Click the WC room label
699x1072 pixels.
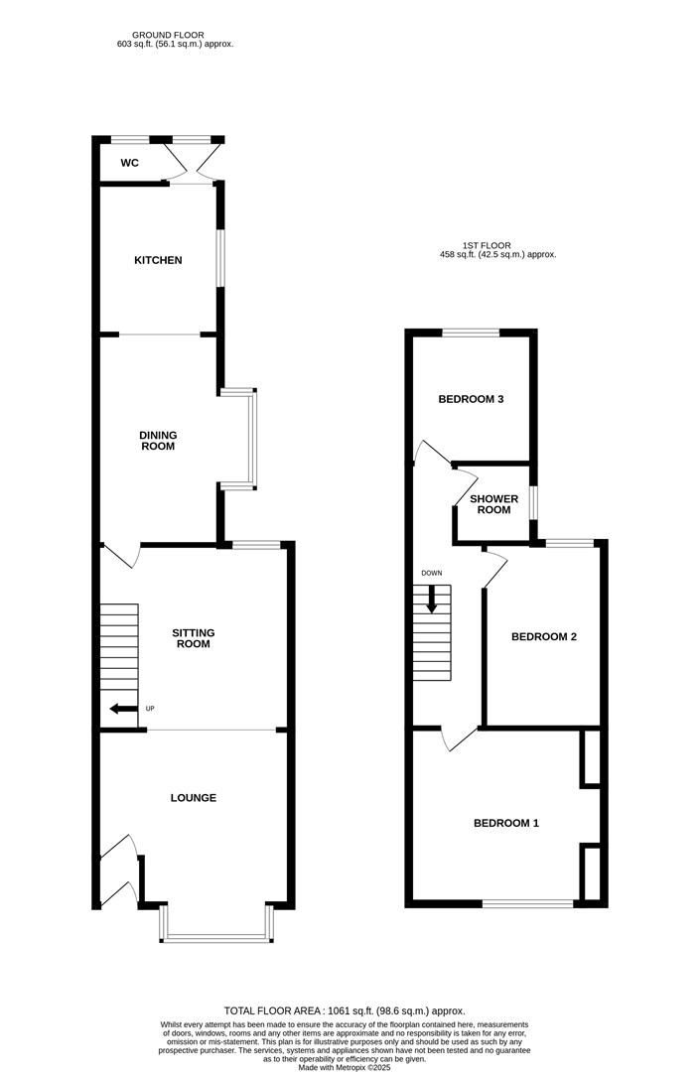pyautogui.click(x=129, y=162)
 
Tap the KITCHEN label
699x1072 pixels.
pyautogui.click(x=158, y=260)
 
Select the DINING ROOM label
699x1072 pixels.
pyautogui.click(x=158, y=440)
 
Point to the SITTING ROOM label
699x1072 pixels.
pyautogui.click(x=194, y=638)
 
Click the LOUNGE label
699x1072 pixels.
pyautogui.click(x=194, y=798)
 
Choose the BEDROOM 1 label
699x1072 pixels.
pyautogui.click(x=505, y=823)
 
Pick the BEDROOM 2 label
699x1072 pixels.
pyautogui.click(x=543, y=637)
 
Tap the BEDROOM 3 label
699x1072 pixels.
pyautogui.click(x=472, y=400)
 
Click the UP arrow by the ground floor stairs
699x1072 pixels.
pyautogui.click(x=122, y=709)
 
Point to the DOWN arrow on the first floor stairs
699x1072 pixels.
pyautogui.click(x=432, y=598)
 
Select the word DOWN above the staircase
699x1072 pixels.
pyautogui.click(x=432, y=574)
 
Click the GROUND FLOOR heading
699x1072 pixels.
pyautogui.click(x=175, y=35)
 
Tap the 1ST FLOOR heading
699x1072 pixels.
pyautogui.click(x=487, y=245)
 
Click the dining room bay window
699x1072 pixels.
pyautogui.click(x=253, y=439)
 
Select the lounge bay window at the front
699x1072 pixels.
pyautogui.click(x=216, y=935)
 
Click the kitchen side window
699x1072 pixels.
pyautogui.click(x=220, y=260)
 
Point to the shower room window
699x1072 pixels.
pyautogui.click(x=533, y=501)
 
